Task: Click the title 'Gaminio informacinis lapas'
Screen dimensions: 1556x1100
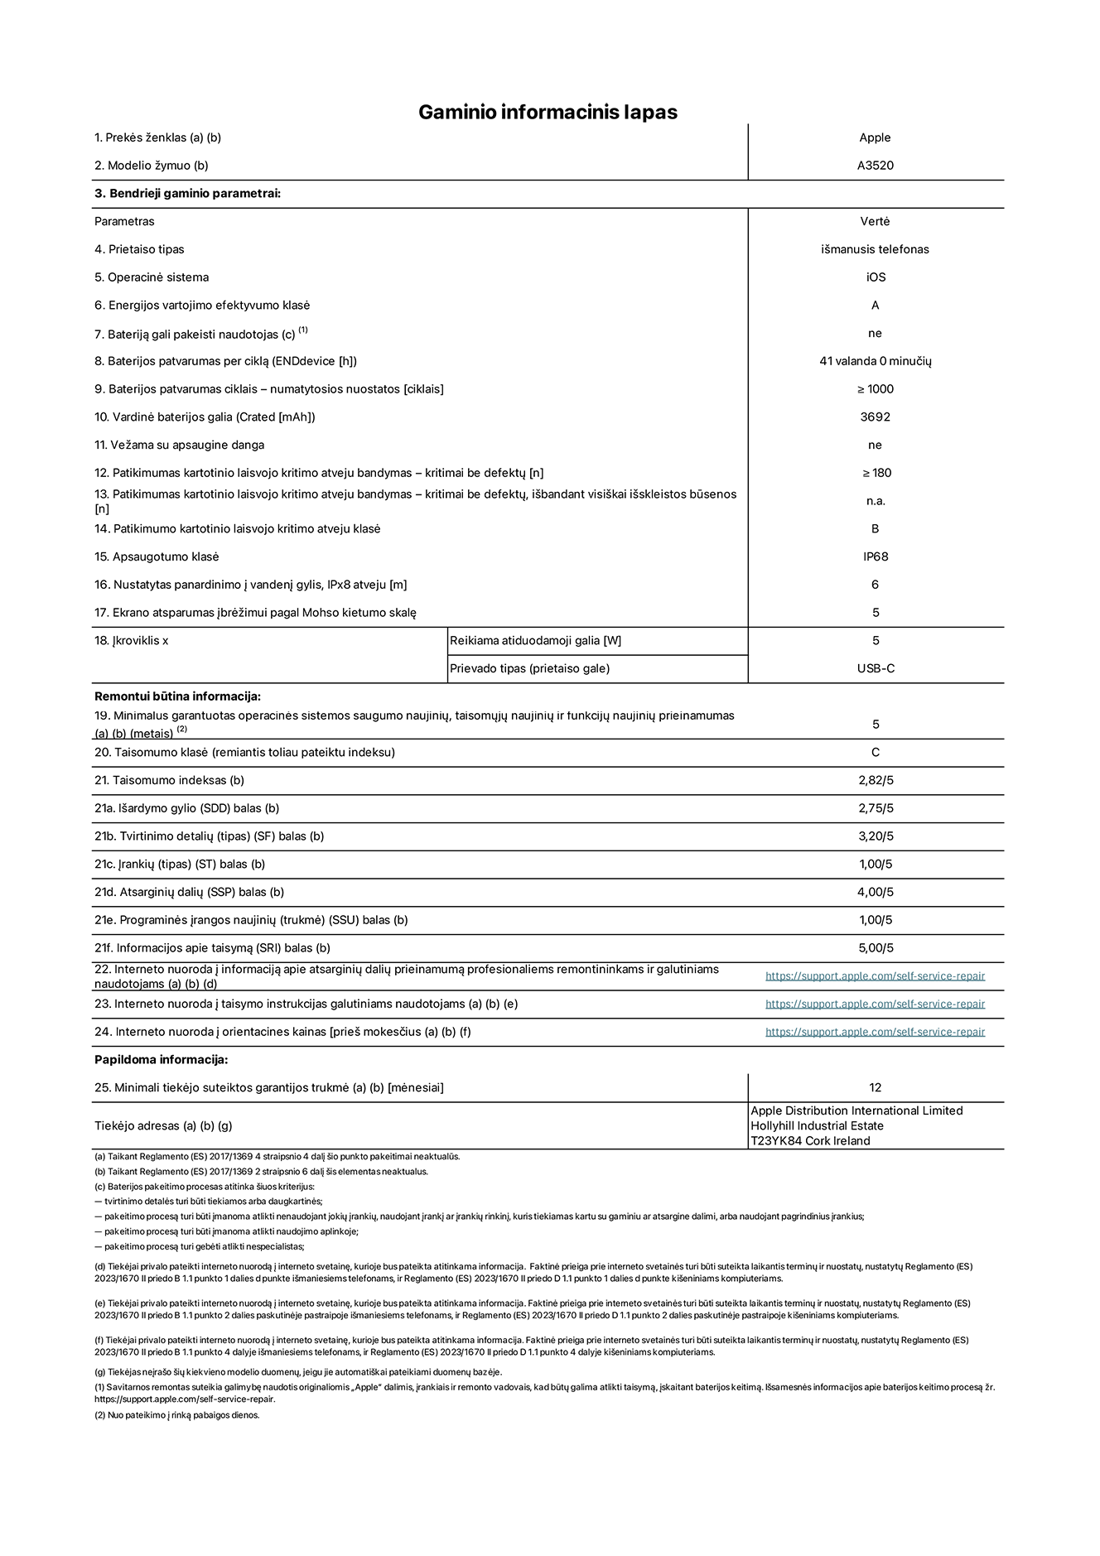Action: (548, 113)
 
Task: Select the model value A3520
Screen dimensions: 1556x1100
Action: (875, 166)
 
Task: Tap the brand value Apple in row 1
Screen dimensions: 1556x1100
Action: (875, 137)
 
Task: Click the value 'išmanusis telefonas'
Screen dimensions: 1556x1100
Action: (875, 249)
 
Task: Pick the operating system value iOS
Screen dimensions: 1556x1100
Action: (876, 277)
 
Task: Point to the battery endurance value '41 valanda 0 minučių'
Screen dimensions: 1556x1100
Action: (875, 361)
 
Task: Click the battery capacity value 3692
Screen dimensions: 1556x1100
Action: (875, 417)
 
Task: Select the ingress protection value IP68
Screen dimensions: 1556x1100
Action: (875, 556)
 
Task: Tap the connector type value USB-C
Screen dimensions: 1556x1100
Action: (876, 668)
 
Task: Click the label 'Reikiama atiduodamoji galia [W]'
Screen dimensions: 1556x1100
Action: (535, 640)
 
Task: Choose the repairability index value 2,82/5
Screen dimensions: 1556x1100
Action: (876, 780)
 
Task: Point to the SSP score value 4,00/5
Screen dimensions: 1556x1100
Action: (876, 892)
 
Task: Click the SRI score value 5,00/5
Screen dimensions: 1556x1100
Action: (876, 948)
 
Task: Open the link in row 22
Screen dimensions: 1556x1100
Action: (875, 976)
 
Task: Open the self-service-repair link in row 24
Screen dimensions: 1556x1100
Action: (875, 1032)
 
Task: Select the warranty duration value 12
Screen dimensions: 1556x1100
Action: (876, 1087)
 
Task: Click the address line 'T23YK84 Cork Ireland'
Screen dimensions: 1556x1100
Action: (810, 1140)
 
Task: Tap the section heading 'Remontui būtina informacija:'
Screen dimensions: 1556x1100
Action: (177, 696)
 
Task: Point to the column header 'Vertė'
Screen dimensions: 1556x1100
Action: (875, 221)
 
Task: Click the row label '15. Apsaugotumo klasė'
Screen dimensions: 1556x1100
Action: (157, 556)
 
